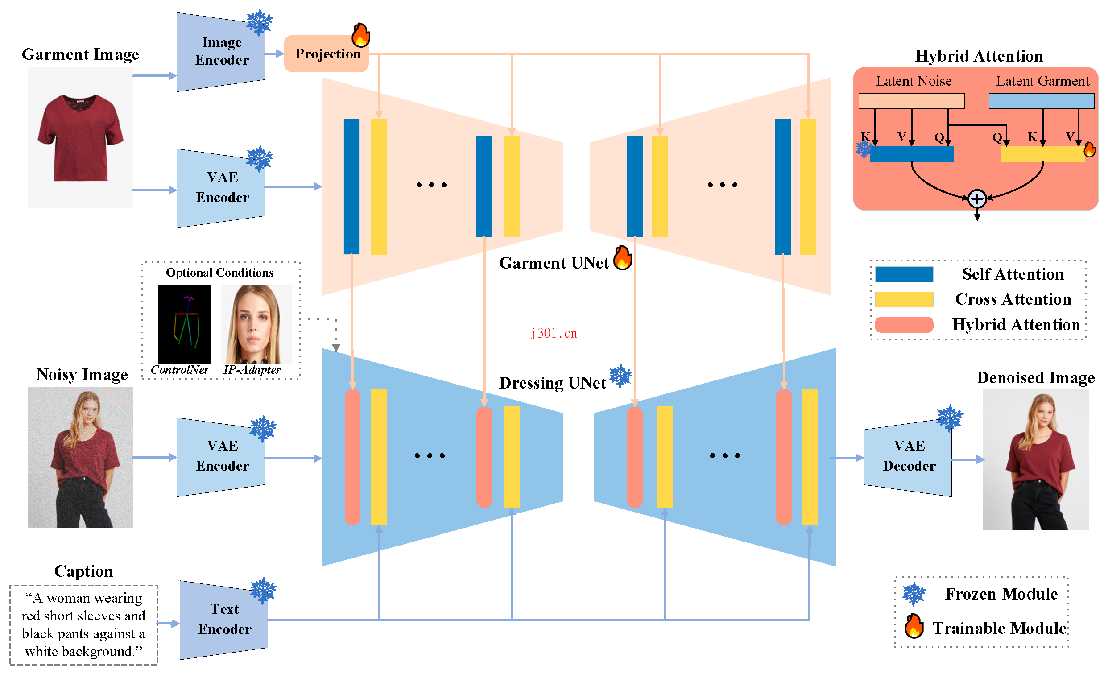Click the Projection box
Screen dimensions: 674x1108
tap(327, 54)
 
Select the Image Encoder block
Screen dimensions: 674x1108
tap(221, 52)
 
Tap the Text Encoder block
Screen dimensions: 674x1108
tap(224, 620)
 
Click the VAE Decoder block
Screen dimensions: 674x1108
tap(908, 457)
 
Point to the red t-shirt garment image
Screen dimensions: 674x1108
tap(80, 137)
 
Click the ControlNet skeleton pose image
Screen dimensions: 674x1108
tap(184, 324)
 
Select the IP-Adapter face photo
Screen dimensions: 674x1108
tap(256, 324)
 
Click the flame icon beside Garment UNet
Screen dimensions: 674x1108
tap(623, 258)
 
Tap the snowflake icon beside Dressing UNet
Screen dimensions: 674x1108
tap(620, 376)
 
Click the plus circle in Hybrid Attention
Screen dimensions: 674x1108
tap(977, 199)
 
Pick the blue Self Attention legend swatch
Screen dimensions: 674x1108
tap(904, 274)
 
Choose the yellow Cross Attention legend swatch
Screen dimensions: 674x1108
tap(904, 299)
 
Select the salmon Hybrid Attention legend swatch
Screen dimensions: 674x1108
tap(904, 325)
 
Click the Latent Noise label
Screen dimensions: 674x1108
tap(913, 81)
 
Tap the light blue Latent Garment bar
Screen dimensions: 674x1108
tap(1041, 101)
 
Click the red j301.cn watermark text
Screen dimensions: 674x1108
tap(554, 333)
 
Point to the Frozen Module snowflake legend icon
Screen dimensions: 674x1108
tap(914, 594)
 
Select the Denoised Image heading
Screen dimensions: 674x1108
tap(1035, 378)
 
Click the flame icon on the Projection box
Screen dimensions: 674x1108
tap(361, 35)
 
